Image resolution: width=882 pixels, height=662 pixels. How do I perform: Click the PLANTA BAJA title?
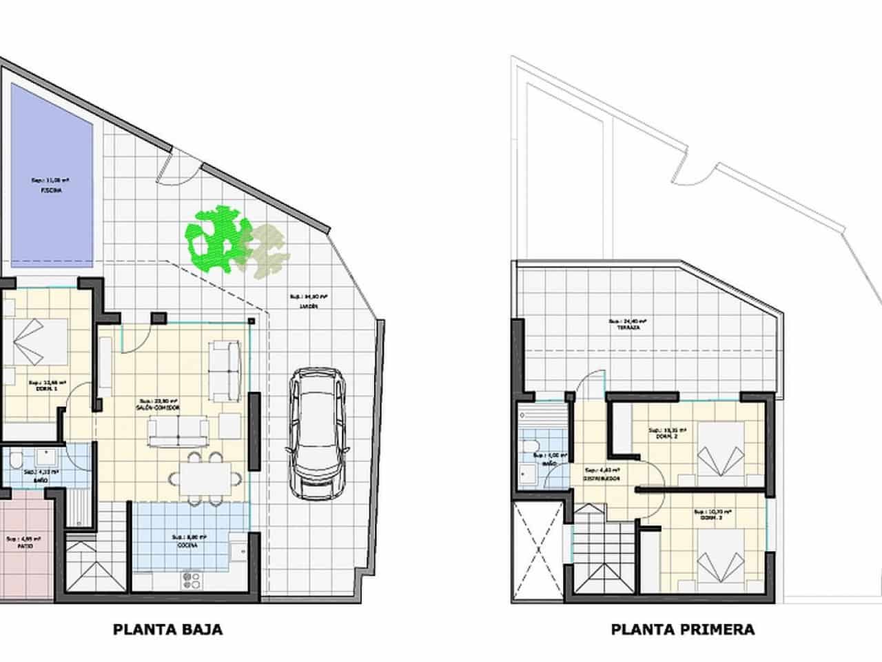coord(167,629)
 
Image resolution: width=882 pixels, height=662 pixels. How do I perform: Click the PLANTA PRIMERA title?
coord(682,629)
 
